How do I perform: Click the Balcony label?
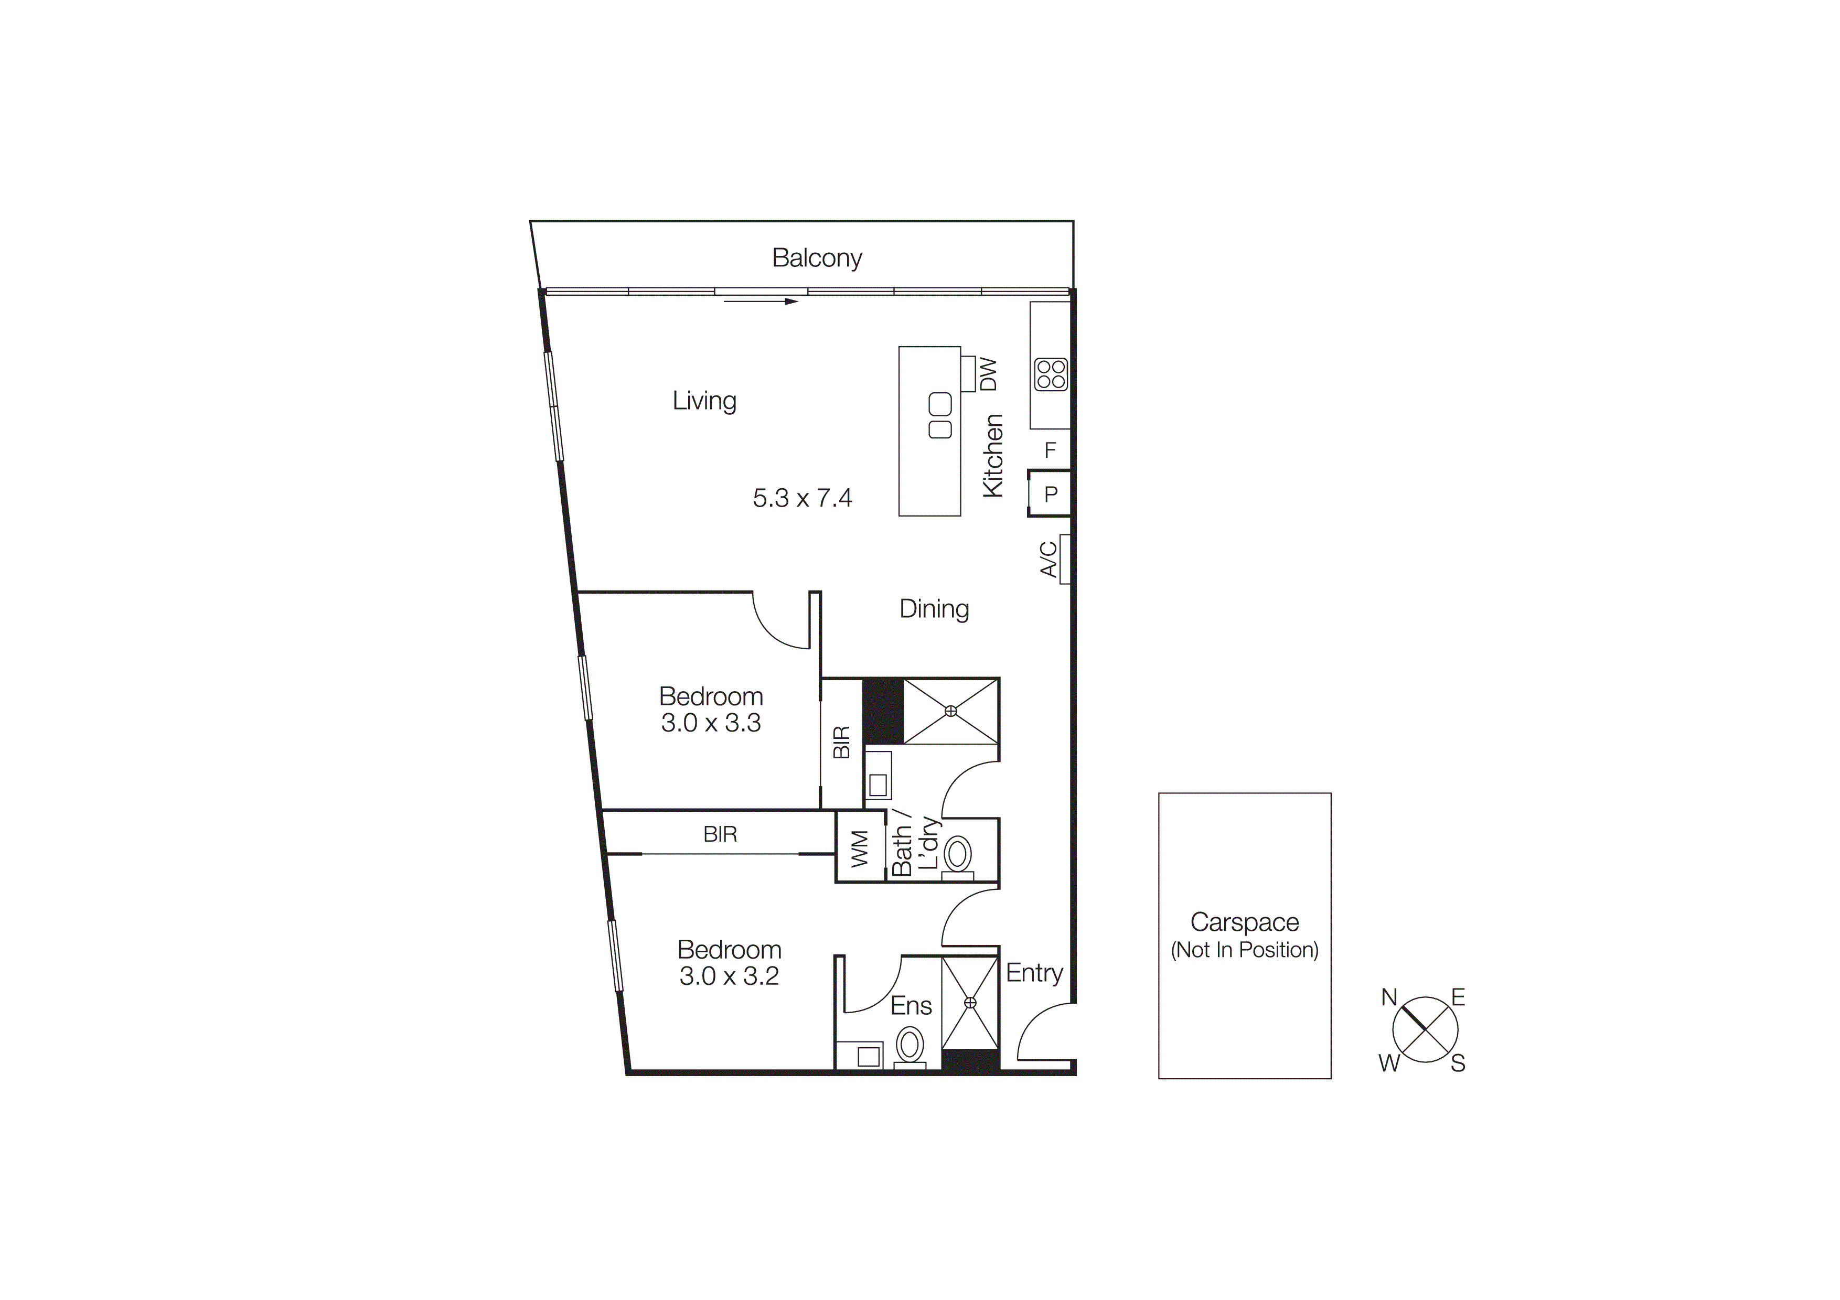(817, 258)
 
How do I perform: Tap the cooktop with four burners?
(1051, 374)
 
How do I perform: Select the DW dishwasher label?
(989, 374)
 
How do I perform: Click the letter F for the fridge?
(1050, 451)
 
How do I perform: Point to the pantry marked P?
(1051, 494)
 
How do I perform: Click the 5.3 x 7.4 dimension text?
(802, 498)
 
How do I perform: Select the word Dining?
(934, 609)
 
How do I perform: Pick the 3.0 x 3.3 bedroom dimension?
(711, 723)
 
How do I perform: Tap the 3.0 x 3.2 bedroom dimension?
(729, 976)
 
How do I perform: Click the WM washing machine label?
(860, 849)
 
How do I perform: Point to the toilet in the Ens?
(909, 1045)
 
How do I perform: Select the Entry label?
(1034, 973)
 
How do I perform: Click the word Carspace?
(1244, 923)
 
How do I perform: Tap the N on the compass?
(1389, 997)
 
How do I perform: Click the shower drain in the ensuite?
(970, 1002)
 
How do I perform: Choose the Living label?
(703, 401)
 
